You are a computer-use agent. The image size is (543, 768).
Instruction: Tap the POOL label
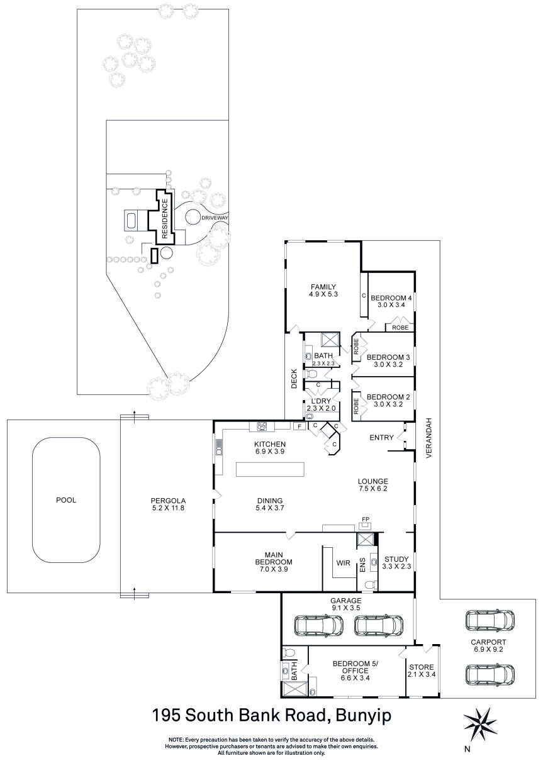point(66,500)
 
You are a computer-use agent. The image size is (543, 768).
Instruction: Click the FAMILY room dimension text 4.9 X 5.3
point(323,294)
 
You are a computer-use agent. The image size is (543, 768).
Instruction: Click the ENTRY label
point(381,438)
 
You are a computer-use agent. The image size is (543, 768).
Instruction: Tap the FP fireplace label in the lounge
point(365,520)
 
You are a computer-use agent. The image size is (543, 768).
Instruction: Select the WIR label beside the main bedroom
point(343,562)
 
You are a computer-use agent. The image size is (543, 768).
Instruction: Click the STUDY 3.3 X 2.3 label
point(396,562)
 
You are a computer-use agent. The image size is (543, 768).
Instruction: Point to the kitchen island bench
point(270,470)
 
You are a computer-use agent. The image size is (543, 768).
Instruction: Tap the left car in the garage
point(319,626)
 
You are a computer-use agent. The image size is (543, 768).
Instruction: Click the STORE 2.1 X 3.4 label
point(422,671)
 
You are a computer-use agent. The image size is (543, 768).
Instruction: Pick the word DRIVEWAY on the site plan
point(215,218)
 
